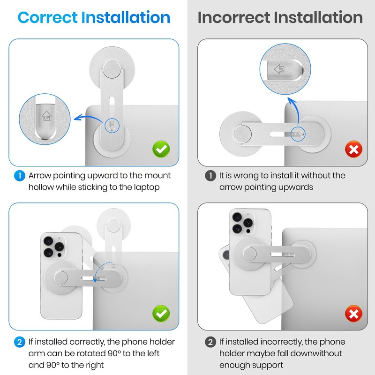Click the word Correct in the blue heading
pyautogui.click(x=48, y=17)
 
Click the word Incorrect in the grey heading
pyautogui.click(x=233, y=17)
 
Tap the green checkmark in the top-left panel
pyautogui.click(x=161, y=149)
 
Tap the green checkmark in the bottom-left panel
pyautogui.click(x=161, y=313)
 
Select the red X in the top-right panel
pyautogui.click(x=353, y=149)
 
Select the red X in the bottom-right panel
pyautogui.click(x=353, y=314)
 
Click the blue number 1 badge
pyautogui.click(x=20, y=176)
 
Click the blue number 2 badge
pyautogui.click(x=20, y=342)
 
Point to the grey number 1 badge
pyautogui.click(x=210, y=176)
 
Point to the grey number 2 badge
pyautogui.click(x=210, y=342)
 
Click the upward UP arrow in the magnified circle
pyautogui.click(x=46, y=115)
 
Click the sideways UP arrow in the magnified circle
pyautogui.click(x=279, y=69)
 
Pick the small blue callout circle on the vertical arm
pyautogui.click(x=112, y=126)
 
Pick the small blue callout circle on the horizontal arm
pyautogui.click(x=298, y=134)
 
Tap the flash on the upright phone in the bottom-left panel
pyautogui.click(x=59, y=238)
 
